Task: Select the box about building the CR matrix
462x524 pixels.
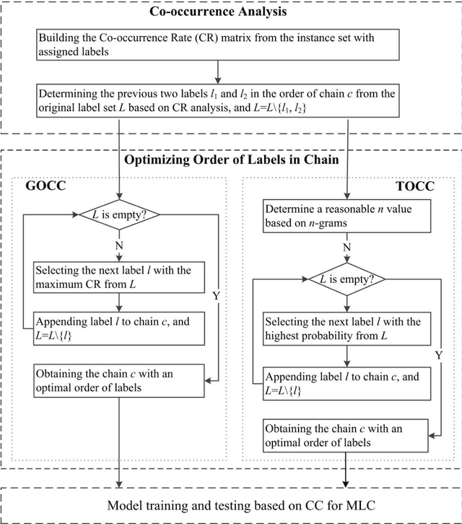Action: point(217,44)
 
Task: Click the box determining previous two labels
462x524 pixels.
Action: point(217,98)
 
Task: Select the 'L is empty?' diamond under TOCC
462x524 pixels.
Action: point(346,279)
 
